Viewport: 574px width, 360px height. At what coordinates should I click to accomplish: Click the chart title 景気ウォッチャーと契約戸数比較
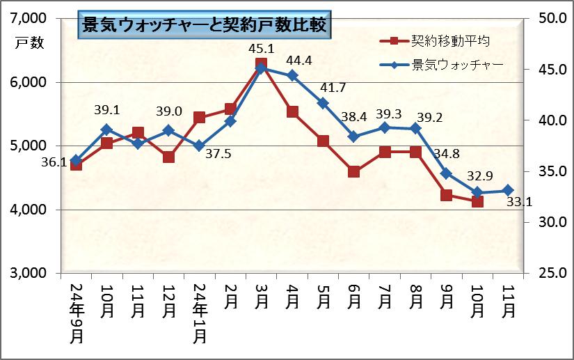click(x=204, y=26)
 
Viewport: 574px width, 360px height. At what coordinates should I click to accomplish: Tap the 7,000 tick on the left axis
click(x=29, y=18)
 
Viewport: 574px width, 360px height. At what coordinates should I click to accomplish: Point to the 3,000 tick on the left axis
click(x=29, y=273)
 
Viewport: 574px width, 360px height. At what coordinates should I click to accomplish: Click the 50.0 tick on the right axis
click(x=549, y=18)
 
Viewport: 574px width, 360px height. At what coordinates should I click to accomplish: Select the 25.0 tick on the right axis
click(x=549, y=273)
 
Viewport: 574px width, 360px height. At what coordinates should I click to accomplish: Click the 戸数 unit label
click(x=30, y=42)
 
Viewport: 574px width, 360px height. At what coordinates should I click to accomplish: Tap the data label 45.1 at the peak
click(x=261, y=49)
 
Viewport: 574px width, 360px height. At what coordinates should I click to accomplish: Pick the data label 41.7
click(x=333, y=87)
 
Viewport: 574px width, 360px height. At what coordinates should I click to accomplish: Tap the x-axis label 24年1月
click(x=200, y=314)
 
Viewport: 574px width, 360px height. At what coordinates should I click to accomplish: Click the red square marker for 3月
click(x=261, y=64)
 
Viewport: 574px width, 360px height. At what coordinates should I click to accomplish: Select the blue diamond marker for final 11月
click(x=508, y=190)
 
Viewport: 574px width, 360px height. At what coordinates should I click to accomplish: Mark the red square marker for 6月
click(x=353, y=171)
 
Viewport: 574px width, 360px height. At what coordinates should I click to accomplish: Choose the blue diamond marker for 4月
click(x=292, y=75)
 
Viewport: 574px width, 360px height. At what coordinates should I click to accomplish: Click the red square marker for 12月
click(x=168, y=157)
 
